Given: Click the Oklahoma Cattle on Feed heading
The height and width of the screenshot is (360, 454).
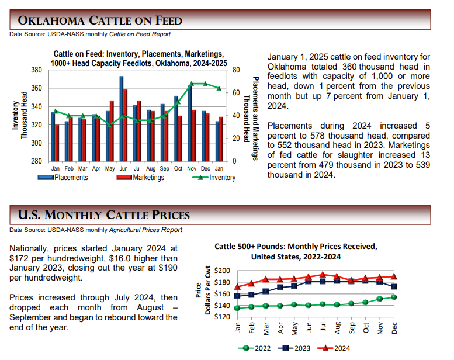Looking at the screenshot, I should (x=100, y=21).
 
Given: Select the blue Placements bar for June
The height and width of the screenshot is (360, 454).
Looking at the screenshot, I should (x=122, y=119).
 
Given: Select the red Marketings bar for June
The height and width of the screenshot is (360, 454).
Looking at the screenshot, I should (x=126, y=125).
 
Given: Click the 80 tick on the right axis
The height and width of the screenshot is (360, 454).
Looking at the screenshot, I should (x=236, y=70).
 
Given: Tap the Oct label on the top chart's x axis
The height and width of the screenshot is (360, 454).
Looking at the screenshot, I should (x=178, y=168).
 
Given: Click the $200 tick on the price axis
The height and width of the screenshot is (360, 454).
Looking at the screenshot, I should (x=222, y=271).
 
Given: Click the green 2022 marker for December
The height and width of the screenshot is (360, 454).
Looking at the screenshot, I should (x=394, y=297).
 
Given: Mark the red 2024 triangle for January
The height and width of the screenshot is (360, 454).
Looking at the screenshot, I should (x=237, y=287).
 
